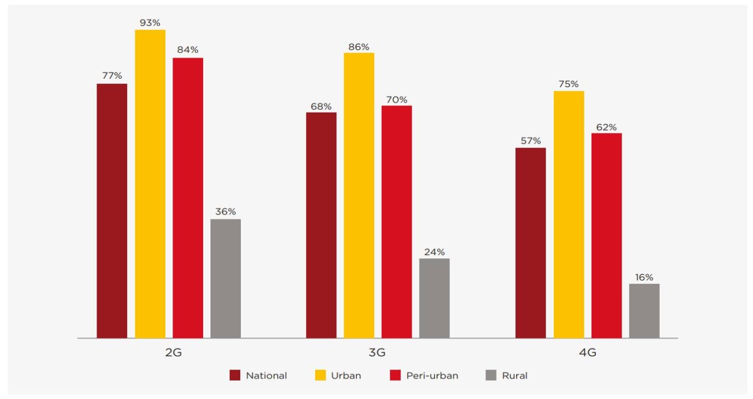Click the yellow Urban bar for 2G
tap(150, 183)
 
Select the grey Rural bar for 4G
tap(644, 311)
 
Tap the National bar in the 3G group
tap(321, 225)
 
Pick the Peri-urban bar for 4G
tap(607, 236)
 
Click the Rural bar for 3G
tap(434, 298)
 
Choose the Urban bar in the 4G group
tap(569, 214)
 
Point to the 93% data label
tap(150, 22)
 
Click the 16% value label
tap(644, 277)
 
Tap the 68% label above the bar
tap(321, 106)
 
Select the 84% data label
tap(188, 50)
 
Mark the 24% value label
tap(434, 252)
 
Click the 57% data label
tap(530, 141)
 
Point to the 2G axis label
tap(173, 353)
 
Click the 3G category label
tap(377, 353)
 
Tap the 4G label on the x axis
tap(587, 353)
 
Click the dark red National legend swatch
tap(235, 376)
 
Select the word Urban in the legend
tap(346, 376)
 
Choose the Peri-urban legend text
tap(432, 376)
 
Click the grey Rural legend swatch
tap(491, 376)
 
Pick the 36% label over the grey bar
tap(225, 212)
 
